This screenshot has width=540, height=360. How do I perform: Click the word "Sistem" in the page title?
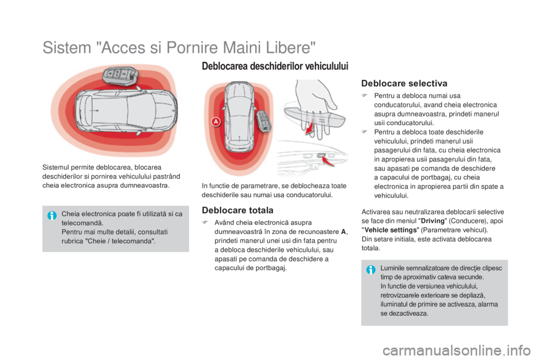pos(67,48)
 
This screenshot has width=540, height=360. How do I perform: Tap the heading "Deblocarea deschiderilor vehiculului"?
pos(275,66)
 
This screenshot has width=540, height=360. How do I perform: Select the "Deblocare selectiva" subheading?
pos(404,83)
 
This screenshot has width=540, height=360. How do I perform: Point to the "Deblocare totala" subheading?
pos(237,210)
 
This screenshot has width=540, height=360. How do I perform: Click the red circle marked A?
pos(215,121)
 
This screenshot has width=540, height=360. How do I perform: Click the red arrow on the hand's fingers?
pos(310,126)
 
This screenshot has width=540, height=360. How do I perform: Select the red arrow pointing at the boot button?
pos(328,161)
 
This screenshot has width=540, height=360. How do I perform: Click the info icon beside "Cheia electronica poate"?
pos(52,215)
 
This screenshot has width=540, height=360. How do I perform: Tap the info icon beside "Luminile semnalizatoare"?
pos(371,270)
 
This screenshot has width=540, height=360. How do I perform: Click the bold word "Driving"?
pos(433,221)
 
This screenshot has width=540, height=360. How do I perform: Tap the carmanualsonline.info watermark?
pos(456,350)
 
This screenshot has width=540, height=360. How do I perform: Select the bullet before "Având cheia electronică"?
pos(205,222)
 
